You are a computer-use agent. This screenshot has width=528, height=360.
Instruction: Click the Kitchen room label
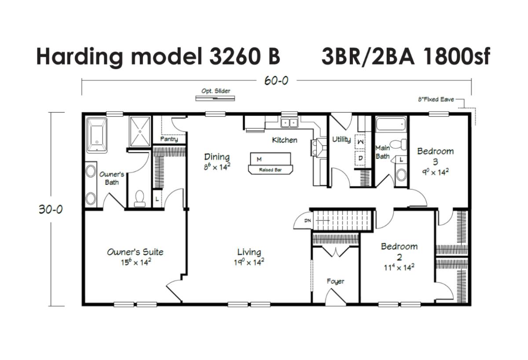pos(285,140)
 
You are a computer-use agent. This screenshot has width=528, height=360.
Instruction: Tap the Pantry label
pos(169,139)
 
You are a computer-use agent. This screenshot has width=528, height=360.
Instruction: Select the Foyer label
pos(335,281)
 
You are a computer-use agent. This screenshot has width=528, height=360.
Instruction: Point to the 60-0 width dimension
pos(276,81)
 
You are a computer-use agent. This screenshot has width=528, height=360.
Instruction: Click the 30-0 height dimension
pos(51,209)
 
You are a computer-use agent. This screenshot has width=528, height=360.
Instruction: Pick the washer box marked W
pos(360,142)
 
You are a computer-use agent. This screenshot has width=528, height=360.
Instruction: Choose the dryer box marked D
pos(360,158)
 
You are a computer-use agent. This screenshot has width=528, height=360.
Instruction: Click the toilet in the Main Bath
pos(398,144)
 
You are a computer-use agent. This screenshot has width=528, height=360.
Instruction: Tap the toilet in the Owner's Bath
pos(139,199)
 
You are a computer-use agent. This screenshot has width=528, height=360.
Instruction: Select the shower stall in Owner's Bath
pos(140,132)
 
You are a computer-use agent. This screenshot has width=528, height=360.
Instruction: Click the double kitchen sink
pos(289,123)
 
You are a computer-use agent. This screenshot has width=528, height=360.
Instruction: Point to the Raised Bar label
pos(270,170)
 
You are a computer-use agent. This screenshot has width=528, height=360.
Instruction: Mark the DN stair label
pos(308,220)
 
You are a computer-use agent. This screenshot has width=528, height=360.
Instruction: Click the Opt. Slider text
pos(216,91)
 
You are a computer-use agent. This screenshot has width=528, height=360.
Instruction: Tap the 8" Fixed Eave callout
pos(436,99)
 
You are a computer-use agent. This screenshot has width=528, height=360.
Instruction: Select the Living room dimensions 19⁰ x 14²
pos(249,262)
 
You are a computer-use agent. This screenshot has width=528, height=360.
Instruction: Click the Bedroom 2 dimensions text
pos(399,268)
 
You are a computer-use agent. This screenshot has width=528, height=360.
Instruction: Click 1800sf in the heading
pos(456,57)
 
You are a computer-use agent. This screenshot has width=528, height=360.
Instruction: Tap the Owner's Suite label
pos(135,252)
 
